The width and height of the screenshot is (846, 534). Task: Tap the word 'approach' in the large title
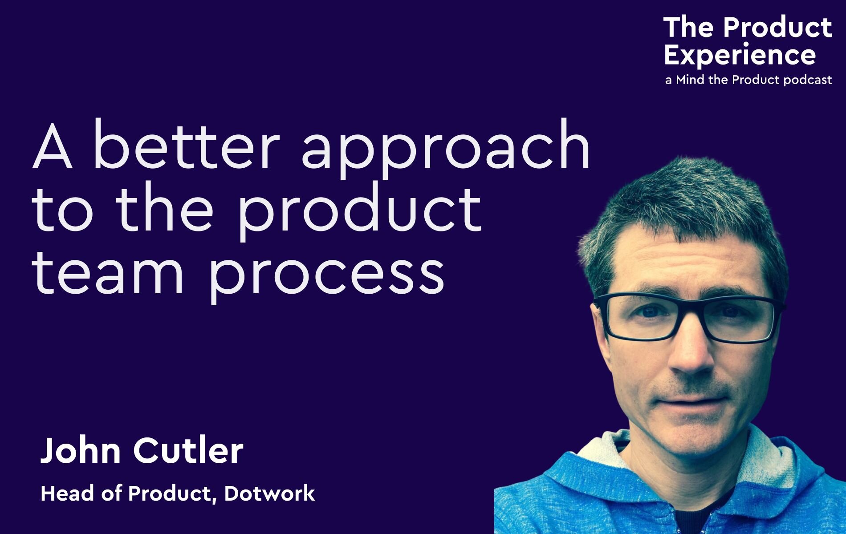click(446, 149)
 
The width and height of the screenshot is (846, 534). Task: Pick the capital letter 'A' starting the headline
click(52, 144)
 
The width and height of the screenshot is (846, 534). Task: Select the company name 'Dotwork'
click(270, 494)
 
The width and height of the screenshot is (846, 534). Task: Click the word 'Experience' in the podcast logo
click(740, 56)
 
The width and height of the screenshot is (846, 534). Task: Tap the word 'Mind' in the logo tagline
click(691, 80)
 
